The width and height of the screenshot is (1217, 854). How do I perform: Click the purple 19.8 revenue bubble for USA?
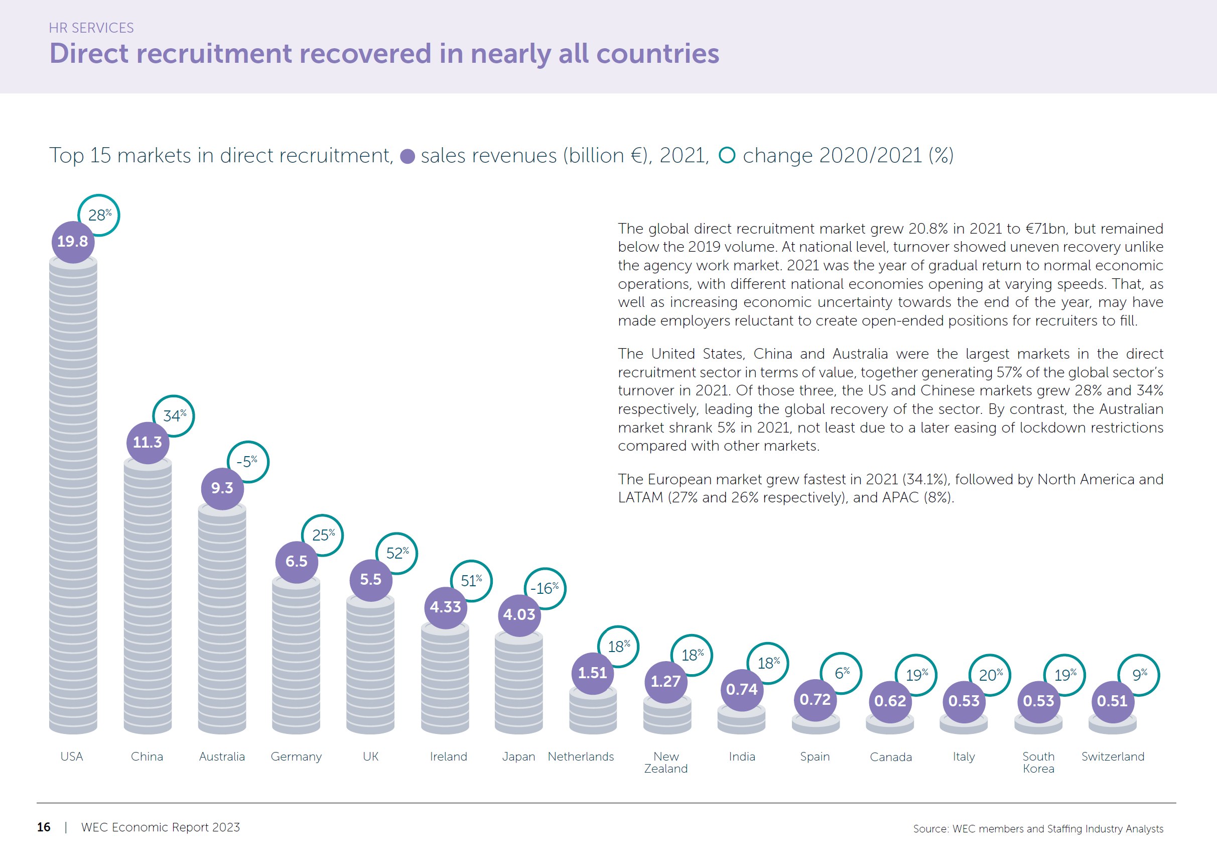point(73,242)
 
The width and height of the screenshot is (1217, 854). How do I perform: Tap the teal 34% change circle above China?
point(173,416)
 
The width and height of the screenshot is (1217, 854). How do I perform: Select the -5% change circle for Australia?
point(247,462)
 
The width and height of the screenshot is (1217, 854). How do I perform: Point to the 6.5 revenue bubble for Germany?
point(296,562)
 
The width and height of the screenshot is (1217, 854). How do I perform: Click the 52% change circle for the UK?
point(396,553)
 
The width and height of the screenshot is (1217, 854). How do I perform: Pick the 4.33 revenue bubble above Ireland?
point(445,607)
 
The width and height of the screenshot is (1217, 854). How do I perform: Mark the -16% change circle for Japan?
point(545,588)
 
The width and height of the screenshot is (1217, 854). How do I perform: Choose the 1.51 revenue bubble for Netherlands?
point(593,673)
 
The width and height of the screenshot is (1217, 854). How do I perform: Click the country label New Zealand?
point(666,762)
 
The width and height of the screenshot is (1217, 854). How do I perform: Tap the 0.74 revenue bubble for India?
point(742,690)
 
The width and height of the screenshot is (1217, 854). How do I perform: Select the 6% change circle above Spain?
point(841,673)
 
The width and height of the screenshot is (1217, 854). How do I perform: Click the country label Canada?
point(890,757)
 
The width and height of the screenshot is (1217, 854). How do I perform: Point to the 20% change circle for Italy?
point(990,675)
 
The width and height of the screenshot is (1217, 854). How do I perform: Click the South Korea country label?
point(1038,762)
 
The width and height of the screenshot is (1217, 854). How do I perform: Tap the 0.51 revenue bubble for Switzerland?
point(1113,701)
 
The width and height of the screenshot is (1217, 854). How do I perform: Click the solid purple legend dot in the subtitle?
point(407,156)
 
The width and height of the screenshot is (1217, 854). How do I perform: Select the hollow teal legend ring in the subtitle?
point(727,155)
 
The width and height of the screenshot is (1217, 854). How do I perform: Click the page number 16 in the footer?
point(44,827)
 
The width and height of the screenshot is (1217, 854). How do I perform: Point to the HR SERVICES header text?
point(91,28)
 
